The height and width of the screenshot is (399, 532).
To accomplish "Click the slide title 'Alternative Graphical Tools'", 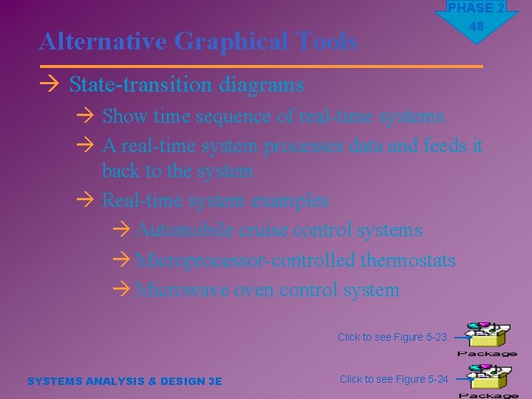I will pyautogui.click(x=198, y=42).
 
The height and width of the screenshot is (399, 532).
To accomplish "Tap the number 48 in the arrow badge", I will pyautogui.click(x=476, y=27).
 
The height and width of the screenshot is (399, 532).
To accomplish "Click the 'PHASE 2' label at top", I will pyautogui.click(x=476, y=8).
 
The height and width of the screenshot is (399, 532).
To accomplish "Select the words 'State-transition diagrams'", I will pyautogui.click(x=186, y=85).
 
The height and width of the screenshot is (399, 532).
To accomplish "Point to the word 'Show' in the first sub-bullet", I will pyautogui.click(x=125, y=116).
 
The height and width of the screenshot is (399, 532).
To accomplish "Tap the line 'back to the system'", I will pyautogui.click(x=177, y=171).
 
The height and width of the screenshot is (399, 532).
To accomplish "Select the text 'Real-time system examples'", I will pyautogui.click(x=214, y=200).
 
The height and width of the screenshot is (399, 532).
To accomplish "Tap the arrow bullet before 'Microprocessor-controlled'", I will pyautogui.click(x=124, y=261).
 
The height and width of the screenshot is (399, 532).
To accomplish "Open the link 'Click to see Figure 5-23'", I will pyautogui.click(x=392, y=337).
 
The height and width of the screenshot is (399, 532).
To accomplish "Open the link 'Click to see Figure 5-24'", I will pyautogui.click(x=393, y=379).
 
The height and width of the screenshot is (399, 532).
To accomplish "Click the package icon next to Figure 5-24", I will pyautogui.click(x=488, y=381).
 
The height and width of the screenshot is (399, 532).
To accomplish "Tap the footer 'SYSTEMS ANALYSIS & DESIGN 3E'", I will pyautogui.click(x=124, y=381).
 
